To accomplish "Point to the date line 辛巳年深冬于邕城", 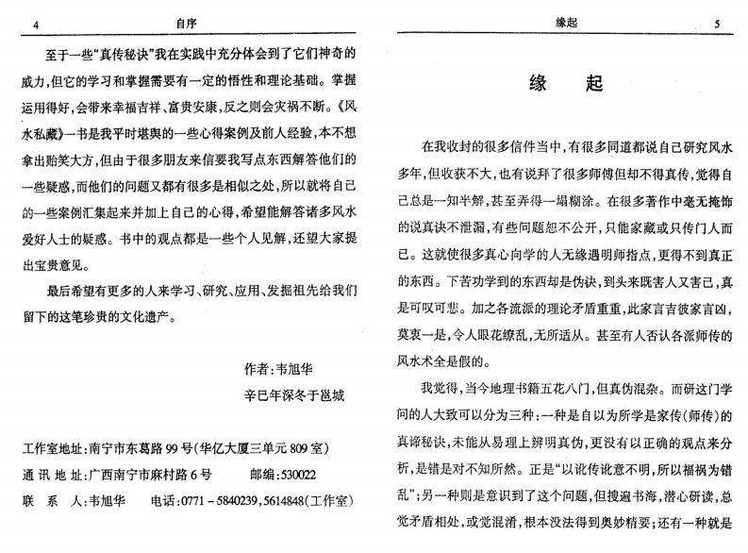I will pyautogui.click(x=293, y=395).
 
